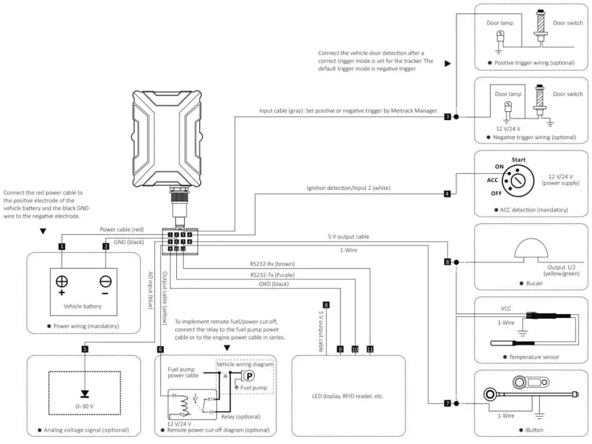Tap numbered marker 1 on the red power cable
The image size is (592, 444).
click(61, 246)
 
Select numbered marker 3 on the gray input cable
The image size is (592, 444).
click(447, 116)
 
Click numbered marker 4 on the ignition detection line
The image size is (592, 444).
click(447, 194)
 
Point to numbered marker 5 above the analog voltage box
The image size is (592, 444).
click(85, 348)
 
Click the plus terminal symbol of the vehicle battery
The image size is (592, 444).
click(61, 282)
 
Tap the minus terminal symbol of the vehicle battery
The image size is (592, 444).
click(105, 282)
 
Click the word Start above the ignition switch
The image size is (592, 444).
click(518, 160)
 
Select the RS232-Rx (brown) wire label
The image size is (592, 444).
click(272, 264)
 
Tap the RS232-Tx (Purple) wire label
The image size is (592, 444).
click(272, 275)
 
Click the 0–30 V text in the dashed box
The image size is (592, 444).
click(85, 406)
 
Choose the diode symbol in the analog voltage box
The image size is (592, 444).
click(85, 394)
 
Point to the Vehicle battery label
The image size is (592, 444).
click(82, 306)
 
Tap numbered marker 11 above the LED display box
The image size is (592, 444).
click(370, 348)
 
